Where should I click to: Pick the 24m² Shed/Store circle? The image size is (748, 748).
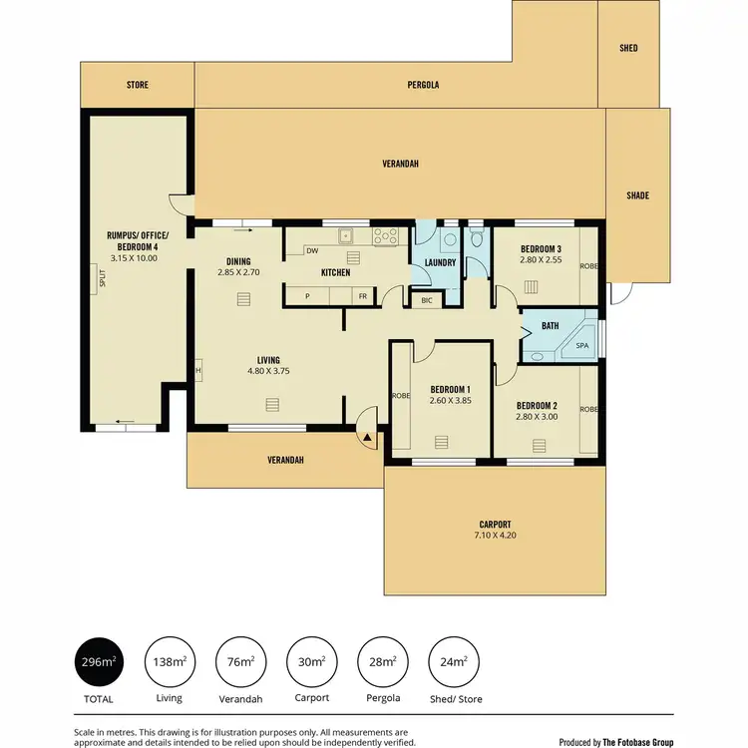(x=454, y=662)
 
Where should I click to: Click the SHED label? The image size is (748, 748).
(x=628, y=48)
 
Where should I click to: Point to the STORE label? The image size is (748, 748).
(x=138, y=85)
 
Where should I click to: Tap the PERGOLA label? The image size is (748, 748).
(x=423, y=85)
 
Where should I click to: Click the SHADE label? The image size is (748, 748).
(x=637, y=195)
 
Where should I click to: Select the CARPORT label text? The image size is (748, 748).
(x=495, y=525)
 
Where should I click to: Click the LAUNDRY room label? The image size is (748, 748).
(x=440, y=263)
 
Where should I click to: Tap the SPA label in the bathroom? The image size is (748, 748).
(x=582, y=346)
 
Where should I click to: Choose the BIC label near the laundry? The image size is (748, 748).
(x=427, y=299)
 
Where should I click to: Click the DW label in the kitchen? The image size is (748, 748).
(x=312, y=251)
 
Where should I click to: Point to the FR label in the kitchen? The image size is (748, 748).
(x=363, y=297)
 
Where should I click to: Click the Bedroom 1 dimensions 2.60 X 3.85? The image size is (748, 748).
(x=450, y=401)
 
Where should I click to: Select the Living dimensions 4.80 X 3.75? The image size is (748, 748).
(x=267, y=372)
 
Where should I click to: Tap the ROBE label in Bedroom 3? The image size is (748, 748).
(x=589, y=267)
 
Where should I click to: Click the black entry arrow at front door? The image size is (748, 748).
(x=368, y=437)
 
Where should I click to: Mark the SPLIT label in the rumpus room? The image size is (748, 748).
(x=102, y=279)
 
